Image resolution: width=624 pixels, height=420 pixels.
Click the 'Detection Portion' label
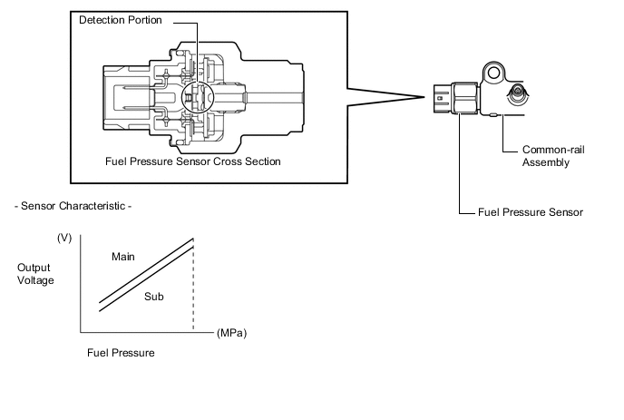[121, 20]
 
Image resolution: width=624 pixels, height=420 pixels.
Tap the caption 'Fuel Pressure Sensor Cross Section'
[193, 161]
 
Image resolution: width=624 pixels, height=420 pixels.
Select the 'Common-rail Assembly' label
[553, 156]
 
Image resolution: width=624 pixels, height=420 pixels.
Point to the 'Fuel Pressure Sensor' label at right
[531, 212]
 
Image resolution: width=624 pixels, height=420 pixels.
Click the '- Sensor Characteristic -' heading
[73, 206]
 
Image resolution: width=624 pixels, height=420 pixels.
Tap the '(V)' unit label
[64, 238]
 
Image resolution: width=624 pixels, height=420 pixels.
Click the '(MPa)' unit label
[231, 333]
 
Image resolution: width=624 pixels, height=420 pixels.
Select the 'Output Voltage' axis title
[35, 274]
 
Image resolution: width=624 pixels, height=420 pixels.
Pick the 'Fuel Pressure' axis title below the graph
[121, 353]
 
